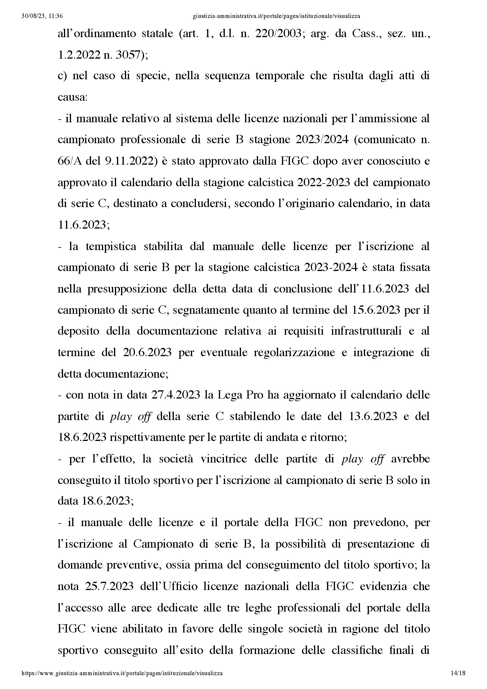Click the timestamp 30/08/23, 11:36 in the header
pos(42,16)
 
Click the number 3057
pos(127,55)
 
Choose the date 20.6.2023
pos(147,352)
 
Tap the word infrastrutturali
pos(366,331)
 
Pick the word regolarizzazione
pos(294,352)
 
